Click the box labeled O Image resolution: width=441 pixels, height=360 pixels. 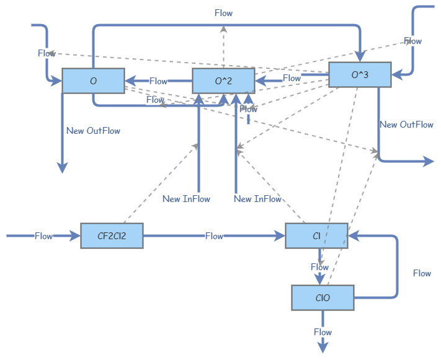point(93,81)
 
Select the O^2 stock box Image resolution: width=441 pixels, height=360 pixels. point(223,81)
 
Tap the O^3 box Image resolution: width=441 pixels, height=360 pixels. point(360,75)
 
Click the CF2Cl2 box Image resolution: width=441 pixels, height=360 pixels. point(112,236)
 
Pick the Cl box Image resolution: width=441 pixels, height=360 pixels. point(316,236)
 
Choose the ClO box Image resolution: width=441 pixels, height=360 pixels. point(323,298)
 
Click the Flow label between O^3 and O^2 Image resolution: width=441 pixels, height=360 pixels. point(292,78)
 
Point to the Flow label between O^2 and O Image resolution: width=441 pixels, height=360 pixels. point(158,81)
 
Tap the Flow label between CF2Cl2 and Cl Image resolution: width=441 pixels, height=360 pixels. point(214,236)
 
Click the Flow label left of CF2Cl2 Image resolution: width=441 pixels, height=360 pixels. point(43,236)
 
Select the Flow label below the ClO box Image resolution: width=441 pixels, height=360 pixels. point(323,332)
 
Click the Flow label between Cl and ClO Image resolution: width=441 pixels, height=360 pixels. point(319,267)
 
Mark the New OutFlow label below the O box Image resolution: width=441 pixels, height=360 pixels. point(93,131)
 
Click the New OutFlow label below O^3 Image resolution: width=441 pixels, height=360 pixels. point(406,125)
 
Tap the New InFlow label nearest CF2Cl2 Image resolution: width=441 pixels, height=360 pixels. point(186,199)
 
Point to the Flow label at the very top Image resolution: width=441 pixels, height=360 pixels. point(223,13)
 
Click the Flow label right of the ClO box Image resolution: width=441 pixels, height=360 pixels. point(422,273)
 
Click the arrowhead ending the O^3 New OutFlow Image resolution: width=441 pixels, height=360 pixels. point(429,162)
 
